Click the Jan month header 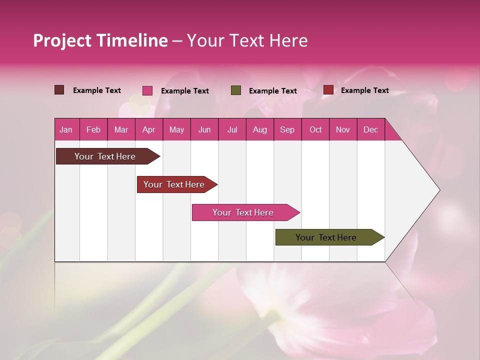(x=66, y=129)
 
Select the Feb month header (x=93, y=129)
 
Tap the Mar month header (x=121, y=129)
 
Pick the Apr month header (x=149, y=129)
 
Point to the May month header (x=176, y=129)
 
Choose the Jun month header (x=204, y=129)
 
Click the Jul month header (x=232, y=129)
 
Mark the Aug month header (x=260, y=129)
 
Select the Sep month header (x=287, y=129)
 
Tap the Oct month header (x=315, y=129)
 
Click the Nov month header (x=343, y=129)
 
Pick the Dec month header (x=371, y=129)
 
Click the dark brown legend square (x=59, y=90)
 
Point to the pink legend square (x=147, y=90)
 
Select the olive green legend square (x=236, y=90)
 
